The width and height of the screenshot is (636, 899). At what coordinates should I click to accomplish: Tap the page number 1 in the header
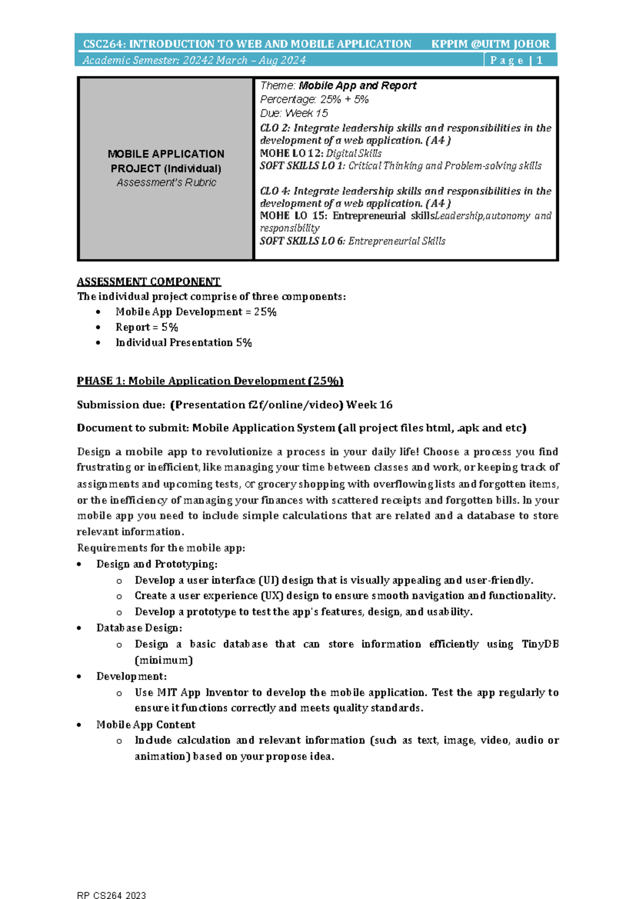pyautogui.click(x=540, y=60)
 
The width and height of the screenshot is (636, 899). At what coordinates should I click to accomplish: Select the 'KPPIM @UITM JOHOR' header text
pyautogui.click(x=490, y=44)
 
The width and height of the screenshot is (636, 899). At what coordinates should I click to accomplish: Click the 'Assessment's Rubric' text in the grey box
pyautogui.click(x=166, y=182)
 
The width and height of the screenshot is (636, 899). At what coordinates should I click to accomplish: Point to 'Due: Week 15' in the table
pyautogui.click(x=294, y=113)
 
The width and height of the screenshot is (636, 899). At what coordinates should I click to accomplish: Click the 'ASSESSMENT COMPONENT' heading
pyautogui.click(x=148, y=281)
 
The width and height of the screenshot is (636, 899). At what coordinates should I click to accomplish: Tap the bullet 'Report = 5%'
pyautogui.click(x=146, y=327)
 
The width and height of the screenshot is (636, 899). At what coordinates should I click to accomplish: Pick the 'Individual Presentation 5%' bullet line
pyautogui.click(x=183, y=342)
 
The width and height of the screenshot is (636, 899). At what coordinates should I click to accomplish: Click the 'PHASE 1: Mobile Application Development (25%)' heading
pyautogui.click(x=210, y=381)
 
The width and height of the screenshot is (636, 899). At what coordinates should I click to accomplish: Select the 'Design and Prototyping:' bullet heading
pyautogui.click(x=157, y=564)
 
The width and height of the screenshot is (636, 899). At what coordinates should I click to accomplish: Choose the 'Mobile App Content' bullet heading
pyautogui.click(x=146, y=725)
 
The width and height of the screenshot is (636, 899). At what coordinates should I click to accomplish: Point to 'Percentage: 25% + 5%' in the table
pyautogui.click(x=314, y=100)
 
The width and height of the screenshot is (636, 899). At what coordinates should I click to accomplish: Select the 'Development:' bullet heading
pyautogui.click(x=131, y=676)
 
